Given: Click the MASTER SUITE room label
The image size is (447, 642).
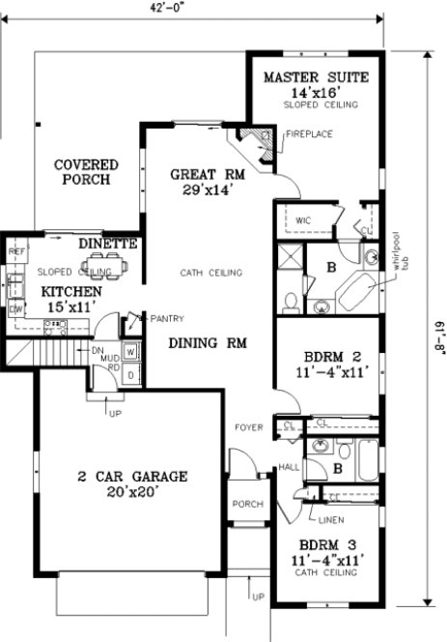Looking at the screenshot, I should click(309, 76).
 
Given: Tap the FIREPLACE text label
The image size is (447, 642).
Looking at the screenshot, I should click(309, 133).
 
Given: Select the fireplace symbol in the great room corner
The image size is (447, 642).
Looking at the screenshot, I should click(254, 143).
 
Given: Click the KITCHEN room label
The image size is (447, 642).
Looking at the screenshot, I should click(70, 291).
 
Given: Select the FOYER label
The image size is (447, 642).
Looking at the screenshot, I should click(251, 426).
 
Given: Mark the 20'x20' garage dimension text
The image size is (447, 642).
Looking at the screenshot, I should click(131, 491).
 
